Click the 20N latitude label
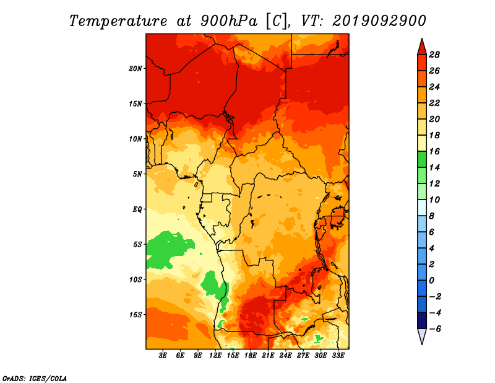pyautogui.click(x=136, y=69)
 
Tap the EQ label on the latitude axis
pyautogui.click(x=137, y=209)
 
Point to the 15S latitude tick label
pyautogui.click(x=136, y=315)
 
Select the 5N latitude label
pyautogui.click(x=137, y=174)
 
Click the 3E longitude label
pyautogui.click(x=163, y=356)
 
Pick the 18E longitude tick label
pyautogui.click(x=251, y=356)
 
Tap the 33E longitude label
pyautogui.click(x=338, y=356)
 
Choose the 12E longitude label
pyautogui.click(x=215, y=356)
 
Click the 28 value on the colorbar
pyautogui.click(x=434, y=55)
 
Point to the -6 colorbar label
pyautogui.click(x=434, y=329)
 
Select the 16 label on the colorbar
pyautogui.click(x=434, y=151)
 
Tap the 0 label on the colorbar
pyautogui.click(x=431, y=281)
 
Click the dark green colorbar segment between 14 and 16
pyautogui.click(x=422, y=159)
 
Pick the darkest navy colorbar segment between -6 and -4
pyautogui.click(x=422, y=320)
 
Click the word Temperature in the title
pyautogui.click(x=118, y=21)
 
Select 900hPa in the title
pyautogui.click(x=228, y=21)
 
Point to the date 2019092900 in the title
pyautogui.click(x=379, y=21)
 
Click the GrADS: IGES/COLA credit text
pyautogui.click(x=35, y=378)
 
